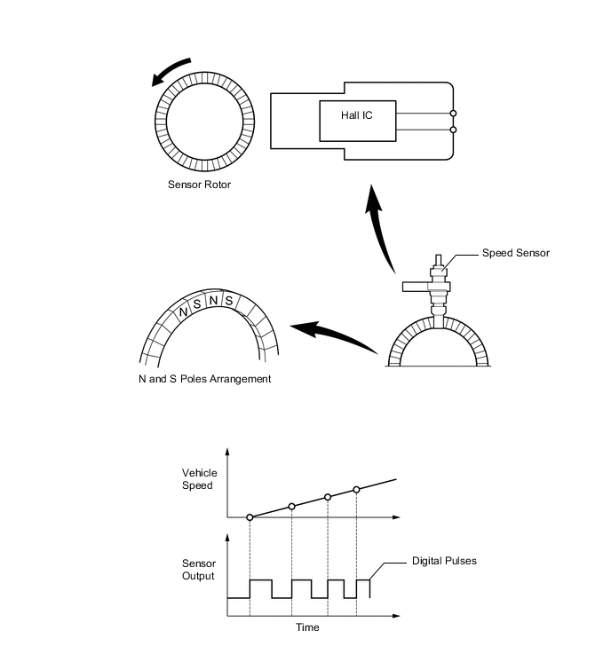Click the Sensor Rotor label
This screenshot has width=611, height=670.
pyautogui.click(x=199, y=185)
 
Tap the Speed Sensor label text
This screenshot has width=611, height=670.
pyautogui.click(x=515, y=253)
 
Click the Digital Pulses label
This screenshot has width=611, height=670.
pyautogui.click(x=444, y=561)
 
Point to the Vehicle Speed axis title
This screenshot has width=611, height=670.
pyautogui.click(x=199, y=479)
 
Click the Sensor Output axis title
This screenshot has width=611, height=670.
pyautogui.click(x=198, y=570)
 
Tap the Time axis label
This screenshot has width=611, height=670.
pyautogui.click(x=307, y=627)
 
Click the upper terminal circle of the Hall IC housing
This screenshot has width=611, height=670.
pyautogui.click(x=454, y=114)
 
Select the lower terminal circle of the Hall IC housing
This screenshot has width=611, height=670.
pyautogui.click(x=454, y=130)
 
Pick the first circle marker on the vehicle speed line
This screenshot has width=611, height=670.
pyautogui.click(x=250, y=516)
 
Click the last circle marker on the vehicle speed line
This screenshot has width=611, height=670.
pyautogui.click(x=356, y=490)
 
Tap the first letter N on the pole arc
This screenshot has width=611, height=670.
pyautogui.click(x=184, y=311)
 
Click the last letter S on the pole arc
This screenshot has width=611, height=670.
pyautogui.click(x=228, y=301)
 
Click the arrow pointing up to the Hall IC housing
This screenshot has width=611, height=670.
pyautogui.click(x=380, y=231)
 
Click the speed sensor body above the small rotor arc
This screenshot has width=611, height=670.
pyautogui.click(x=437, y=284)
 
